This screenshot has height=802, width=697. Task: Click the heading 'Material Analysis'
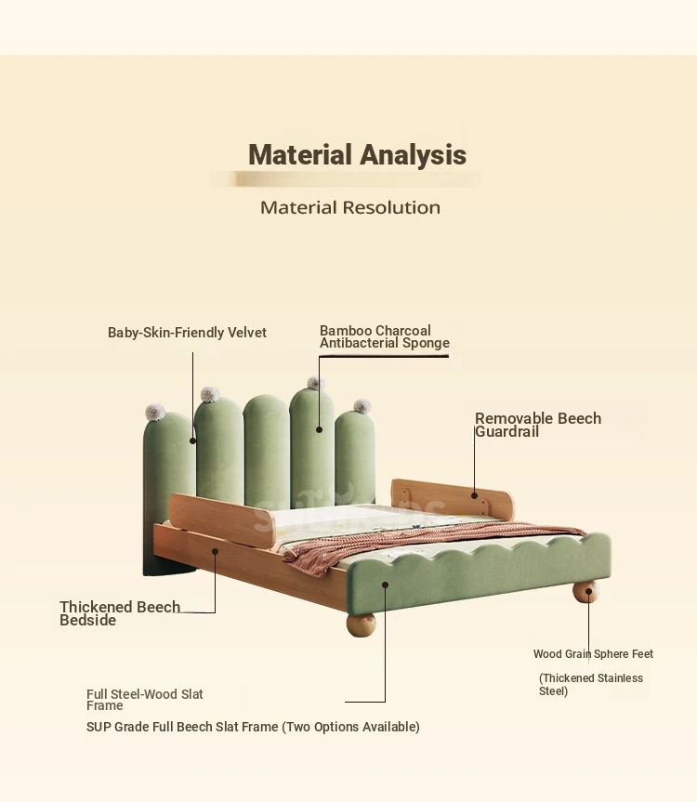click(357, 154)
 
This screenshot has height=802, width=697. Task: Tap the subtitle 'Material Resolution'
click(350, 207)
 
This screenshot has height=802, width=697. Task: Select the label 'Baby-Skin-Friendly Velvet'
click(187, 333)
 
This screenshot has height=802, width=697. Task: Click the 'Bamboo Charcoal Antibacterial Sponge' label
click(385, 336)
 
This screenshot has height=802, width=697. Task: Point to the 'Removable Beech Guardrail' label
click(538, 425)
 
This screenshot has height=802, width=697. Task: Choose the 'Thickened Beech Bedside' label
click(120, 613)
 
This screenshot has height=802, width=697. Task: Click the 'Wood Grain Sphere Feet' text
click(593, 653)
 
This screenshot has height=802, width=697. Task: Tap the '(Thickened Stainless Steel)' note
click(591, 684)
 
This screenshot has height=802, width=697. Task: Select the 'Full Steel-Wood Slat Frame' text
click(145, 700)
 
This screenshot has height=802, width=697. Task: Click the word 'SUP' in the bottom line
click(99, 727)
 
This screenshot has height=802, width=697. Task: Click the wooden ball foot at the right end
click(585, 592)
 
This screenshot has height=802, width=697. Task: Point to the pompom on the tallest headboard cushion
click(316, 383)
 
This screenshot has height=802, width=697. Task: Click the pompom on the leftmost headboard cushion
click(155, 413)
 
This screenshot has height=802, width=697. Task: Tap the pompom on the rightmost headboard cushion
click(362, 407)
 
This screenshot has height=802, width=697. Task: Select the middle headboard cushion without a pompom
click(267, 450)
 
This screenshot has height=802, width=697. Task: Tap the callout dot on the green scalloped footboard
click(385, 585)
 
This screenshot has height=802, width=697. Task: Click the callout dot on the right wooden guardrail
click(475, 495)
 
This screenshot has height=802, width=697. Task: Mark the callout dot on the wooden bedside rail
click(216, 551)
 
